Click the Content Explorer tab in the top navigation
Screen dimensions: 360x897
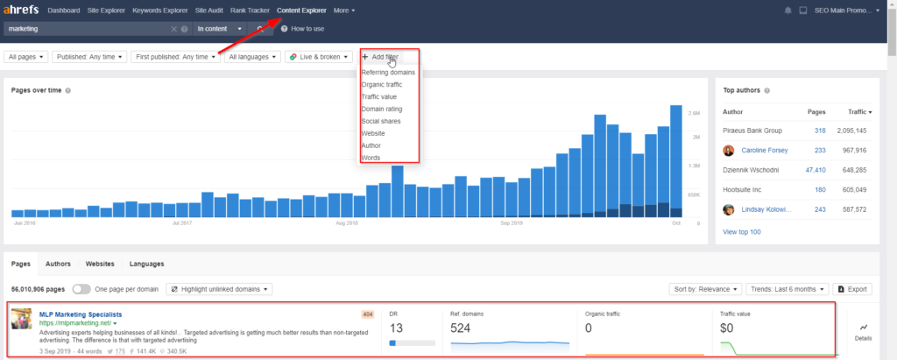point(301,11)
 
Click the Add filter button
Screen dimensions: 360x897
point(380,57)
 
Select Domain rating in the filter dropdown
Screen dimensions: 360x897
point(381,109)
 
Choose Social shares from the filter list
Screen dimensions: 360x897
point(381,121)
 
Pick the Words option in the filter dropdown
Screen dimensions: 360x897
point(371,158)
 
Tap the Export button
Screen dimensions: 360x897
point(852,288)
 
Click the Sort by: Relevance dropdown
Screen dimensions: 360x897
point(706,288)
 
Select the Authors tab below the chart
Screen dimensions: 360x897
point(58,263)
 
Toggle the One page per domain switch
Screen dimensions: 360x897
point(81,288)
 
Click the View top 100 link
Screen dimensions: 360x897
point(742,231)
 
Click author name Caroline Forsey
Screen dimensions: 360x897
point(765,150)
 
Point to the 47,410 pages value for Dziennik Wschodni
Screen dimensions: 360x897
point(814,170)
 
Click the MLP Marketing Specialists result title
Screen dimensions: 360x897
point(81,314)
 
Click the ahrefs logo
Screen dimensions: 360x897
point(20,11)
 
